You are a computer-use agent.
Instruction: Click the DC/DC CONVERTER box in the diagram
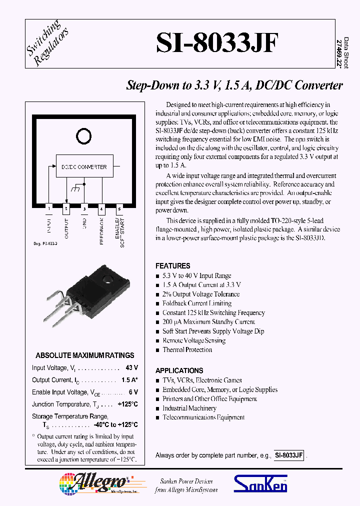click(x=84, y=166)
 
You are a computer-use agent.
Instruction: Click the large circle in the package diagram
click(x=84, y=135)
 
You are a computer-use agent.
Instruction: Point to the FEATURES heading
click(x=172, y=266)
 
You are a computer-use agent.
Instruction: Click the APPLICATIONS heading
click(x=179, y=370)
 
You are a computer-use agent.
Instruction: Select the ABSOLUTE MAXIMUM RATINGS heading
click(x=84, y=355)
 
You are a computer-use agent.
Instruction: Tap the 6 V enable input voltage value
click(x=133, y=392)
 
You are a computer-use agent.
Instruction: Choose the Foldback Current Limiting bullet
click(x=196, y=303)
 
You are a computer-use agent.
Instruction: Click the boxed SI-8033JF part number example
click(x=288, y=455)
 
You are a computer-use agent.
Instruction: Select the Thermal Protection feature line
click(x=187, y=350)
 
